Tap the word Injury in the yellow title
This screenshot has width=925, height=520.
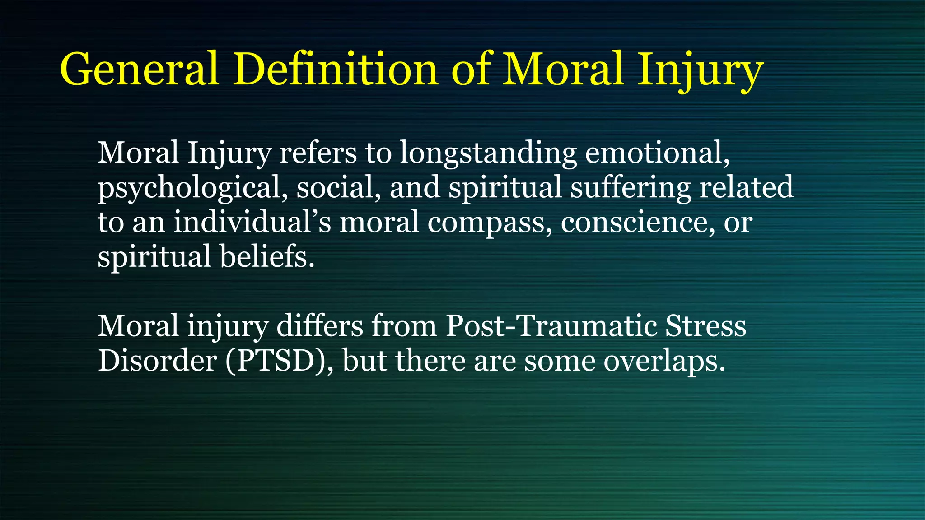(x=700, y=70)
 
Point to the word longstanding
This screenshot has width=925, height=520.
(x=488, y=153)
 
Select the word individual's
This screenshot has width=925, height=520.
(x=252, y=222)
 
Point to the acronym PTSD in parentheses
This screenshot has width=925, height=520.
(x=276, y=362)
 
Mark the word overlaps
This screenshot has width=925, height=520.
(x=664, y=362)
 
